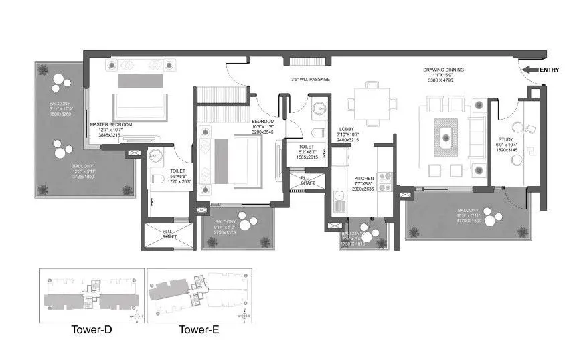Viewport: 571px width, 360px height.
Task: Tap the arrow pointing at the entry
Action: pos(530,69)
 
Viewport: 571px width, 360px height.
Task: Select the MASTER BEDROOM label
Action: pos(111,124)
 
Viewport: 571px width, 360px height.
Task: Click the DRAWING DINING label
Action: pos(443,70)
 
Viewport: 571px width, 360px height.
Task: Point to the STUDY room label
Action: pos(505,138)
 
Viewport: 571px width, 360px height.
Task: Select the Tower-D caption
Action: pos(91,329)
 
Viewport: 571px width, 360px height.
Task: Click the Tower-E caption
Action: pos(198,329)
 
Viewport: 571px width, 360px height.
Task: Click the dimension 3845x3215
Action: pos(110,135)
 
